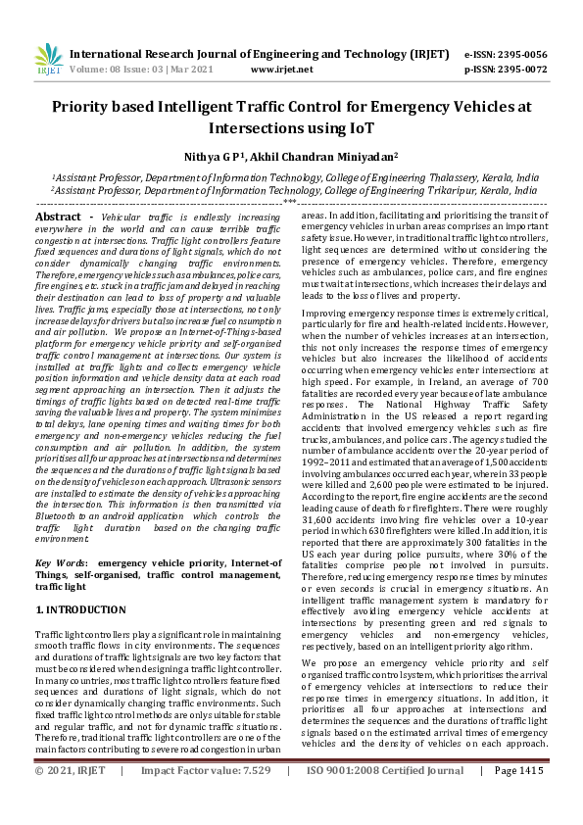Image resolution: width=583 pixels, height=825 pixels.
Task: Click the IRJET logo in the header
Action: click(49, 59)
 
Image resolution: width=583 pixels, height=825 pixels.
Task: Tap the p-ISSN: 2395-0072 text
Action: click(505, 70)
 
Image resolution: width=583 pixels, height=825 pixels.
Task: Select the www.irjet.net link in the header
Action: click(281, 70)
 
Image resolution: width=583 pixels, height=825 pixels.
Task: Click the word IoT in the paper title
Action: click(358, 127)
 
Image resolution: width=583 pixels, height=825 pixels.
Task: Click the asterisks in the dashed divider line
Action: click(290, 203)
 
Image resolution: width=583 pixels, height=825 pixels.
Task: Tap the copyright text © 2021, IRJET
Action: click(70, 799)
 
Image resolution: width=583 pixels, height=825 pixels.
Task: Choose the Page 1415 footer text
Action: click(518, 799)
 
